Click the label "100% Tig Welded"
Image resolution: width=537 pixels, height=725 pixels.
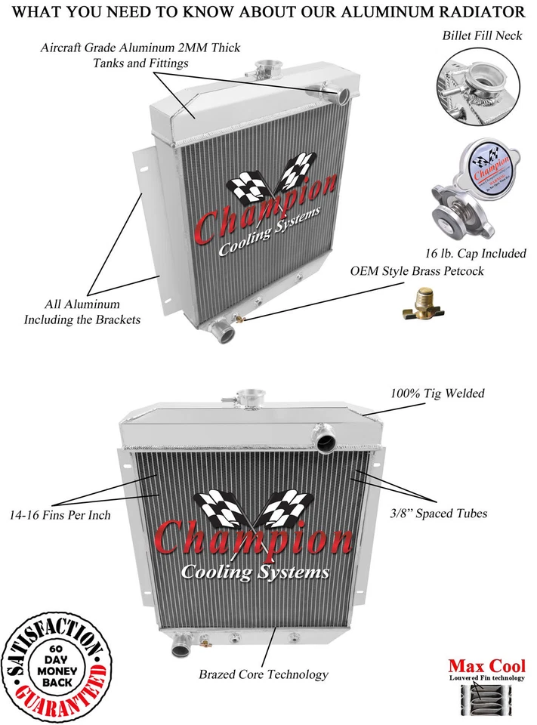click(x=437, y=393)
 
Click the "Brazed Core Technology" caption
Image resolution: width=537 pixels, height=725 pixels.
click(x=264, y=674)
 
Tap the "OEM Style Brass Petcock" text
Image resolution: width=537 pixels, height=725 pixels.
click(x=416, y=270)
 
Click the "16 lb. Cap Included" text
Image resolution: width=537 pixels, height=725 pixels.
click(x=475, y=254)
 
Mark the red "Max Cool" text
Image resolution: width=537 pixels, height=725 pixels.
click(x=487, y=666)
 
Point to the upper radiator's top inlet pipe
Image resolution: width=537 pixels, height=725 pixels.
click(x=341, y=94)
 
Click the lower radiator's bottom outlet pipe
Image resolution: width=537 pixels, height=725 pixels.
click(x=181, y=646)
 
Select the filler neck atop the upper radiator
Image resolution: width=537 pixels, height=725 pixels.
click(x=267, y=69)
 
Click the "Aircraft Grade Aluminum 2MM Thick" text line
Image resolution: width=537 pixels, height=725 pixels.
click(x=140, y=48)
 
